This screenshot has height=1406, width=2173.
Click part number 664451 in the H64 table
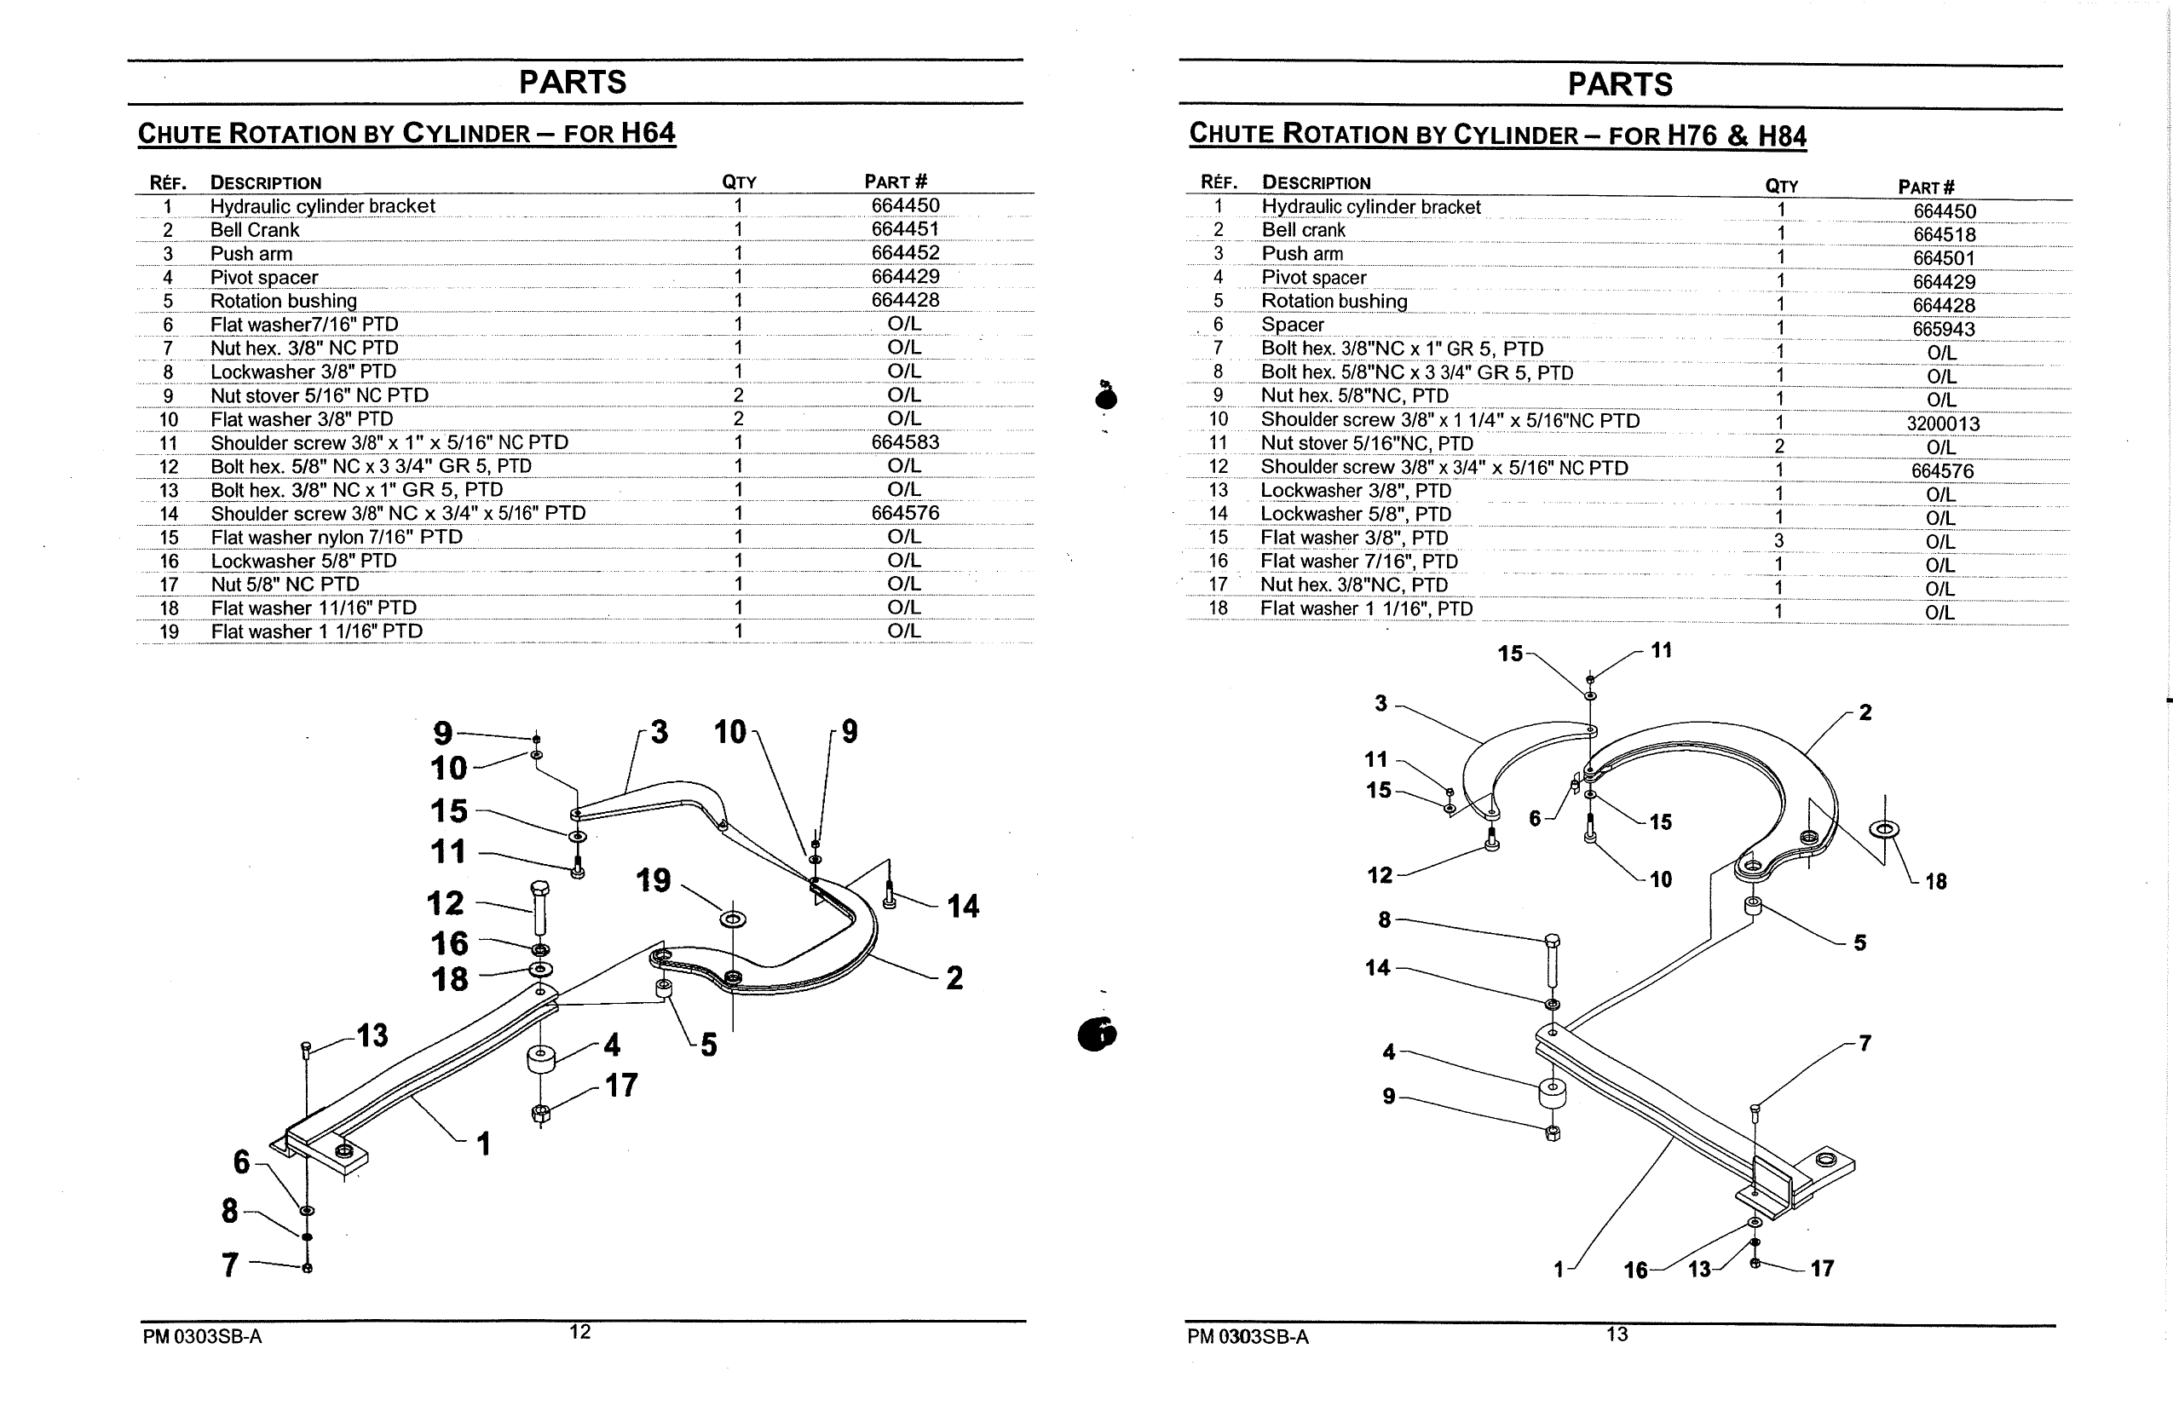click(x=905, y=229)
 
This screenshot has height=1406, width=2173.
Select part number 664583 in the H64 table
click(x=905, y=442)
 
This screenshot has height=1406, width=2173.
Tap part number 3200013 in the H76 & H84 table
click(x=1943, y=424)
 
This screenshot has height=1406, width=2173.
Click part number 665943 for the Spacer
click(x=1944, y=329)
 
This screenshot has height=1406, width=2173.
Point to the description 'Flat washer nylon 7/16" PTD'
click(x=336, y=537)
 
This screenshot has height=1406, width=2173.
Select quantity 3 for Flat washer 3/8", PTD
click(x=1778, y=540)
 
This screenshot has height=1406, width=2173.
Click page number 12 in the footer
click(x=579, y=1332)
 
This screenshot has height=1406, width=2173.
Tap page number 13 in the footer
click(x=1617, y=1334)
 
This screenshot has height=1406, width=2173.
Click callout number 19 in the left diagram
click(x=654, y=881)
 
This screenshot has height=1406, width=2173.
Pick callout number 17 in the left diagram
click(x=621, y=1086)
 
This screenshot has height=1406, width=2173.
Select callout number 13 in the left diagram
click(x=372, y=1035)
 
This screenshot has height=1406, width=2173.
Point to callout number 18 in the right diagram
click(x=1935, y=882)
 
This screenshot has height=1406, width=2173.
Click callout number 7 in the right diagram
click(x=1865, y=1043)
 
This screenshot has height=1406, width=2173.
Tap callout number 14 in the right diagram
click(x=1378, y=968)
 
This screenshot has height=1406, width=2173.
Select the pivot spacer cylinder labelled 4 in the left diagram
click(x=542, y=1063)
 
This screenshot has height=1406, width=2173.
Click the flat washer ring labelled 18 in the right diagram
click(x=1884, y=830)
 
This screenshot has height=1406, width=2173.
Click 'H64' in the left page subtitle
click(x=648, y=133)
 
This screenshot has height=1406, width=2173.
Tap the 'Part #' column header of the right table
click(x=1926, y=187)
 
